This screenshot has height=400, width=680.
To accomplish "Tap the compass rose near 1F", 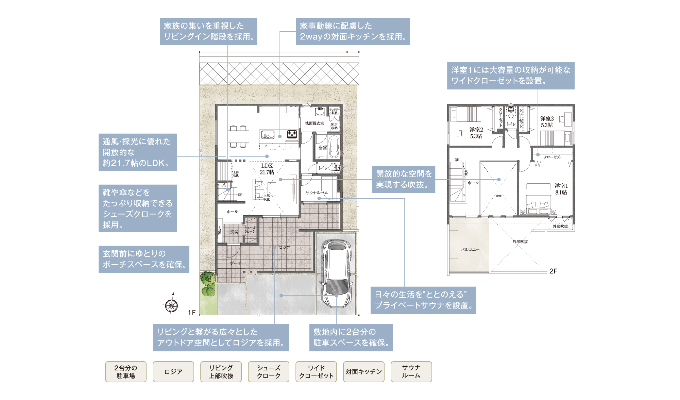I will tap(171, 305).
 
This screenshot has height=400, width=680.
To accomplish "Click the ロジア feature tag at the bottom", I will tap(173, 372).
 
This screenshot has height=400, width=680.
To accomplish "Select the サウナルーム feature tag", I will tap(411, 372).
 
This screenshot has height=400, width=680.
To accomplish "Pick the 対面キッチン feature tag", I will tap(363, 372).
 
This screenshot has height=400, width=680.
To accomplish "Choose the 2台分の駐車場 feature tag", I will tap(126, 372).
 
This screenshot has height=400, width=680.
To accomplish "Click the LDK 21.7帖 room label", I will tap(267, 169).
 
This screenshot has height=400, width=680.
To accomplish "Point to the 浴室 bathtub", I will tap(334, 147).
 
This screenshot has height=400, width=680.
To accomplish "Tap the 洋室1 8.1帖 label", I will tap(561, 189).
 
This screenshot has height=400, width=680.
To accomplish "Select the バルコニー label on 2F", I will tap(470, 250).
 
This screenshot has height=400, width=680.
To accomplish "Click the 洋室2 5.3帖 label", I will tap(476, 133).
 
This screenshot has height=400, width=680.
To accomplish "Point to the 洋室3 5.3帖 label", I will tap(547, 122).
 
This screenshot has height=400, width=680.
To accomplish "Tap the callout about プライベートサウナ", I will tap(423, 300).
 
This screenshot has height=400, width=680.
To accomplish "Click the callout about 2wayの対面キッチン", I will tap(353, 31).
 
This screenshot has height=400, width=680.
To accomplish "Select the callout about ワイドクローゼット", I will tap(510, 76).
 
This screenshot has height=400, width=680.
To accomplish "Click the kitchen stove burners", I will tap(292, 134).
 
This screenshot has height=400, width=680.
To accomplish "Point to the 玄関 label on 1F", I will tap(234, 232).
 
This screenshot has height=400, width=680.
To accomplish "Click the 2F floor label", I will tap(553, 271).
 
